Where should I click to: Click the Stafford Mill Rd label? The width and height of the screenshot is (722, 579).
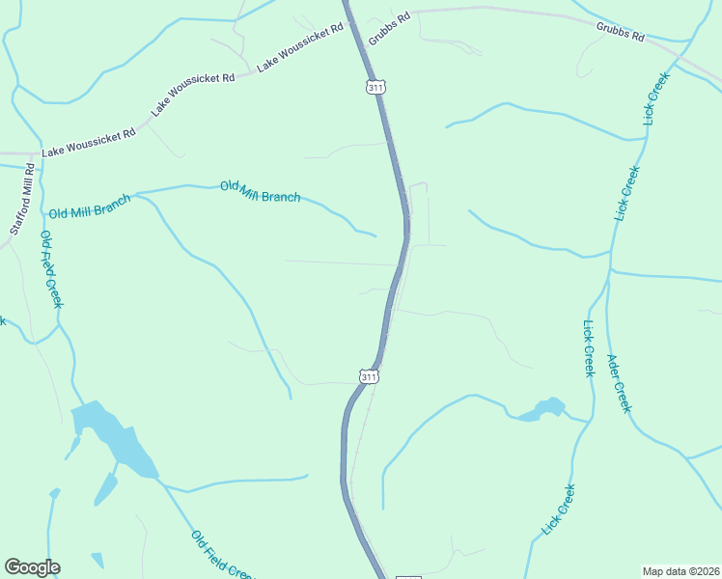pos(22,199)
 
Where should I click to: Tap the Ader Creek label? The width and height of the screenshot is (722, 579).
pos(618,384)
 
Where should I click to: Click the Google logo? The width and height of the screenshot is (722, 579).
pos(32,567)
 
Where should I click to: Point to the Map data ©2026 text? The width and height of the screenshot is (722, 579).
pos(680,571)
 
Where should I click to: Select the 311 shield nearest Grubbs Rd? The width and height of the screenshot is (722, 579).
pos(376,87)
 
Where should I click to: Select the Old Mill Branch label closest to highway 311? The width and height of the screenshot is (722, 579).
pos(260,191)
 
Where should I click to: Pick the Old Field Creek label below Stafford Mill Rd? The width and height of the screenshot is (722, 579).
pos(51,269)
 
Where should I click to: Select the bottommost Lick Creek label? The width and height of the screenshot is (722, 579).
pos(559,509)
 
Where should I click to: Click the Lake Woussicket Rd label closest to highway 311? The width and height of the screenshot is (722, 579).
pos(301,47)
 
